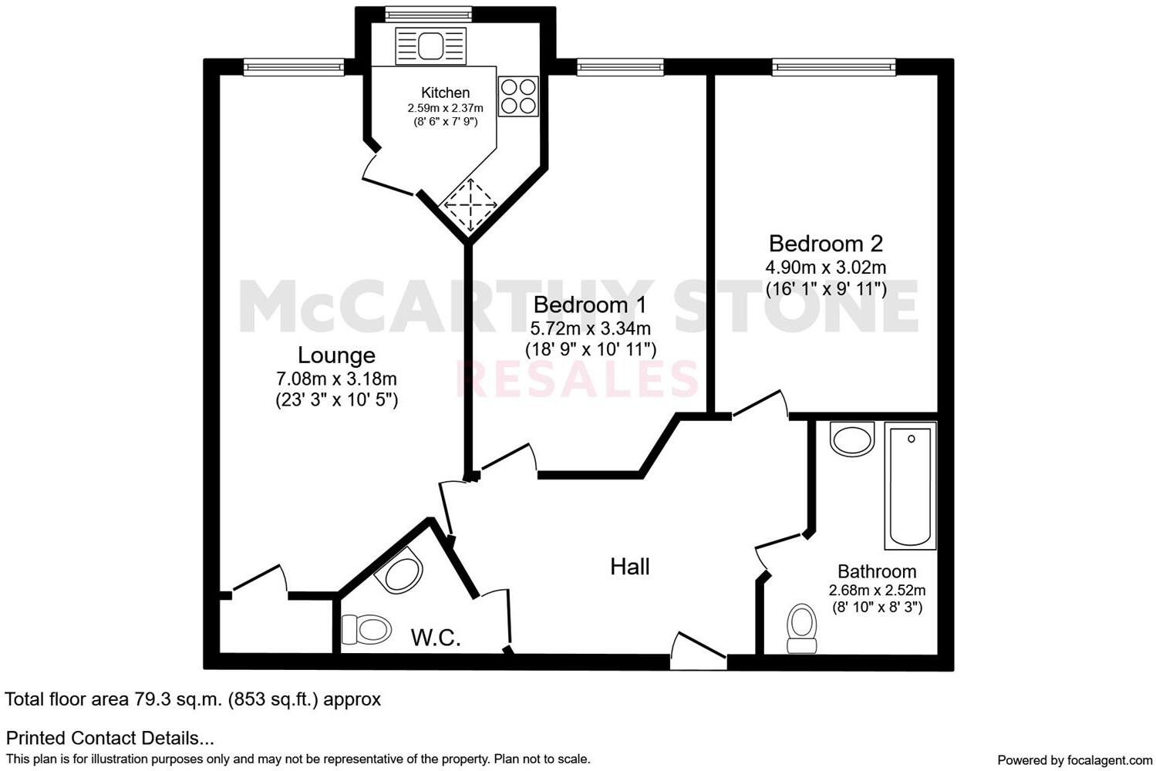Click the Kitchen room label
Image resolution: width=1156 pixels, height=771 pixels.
click(x=445, y=93)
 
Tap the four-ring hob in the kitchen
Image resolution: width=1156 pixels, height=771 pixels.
click(x=517, y=96)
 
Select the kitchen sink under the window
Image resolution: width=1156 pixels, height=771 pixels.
click(x=430, y=46)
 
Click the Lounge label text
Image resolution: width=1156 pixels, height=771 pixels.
click(x=336, y=355)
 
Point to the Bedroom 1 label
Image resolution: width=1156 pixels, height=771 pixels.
click(x=590, y=305)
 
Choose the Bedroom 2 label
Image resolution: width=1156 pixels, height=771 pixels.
click(x=825, y=244)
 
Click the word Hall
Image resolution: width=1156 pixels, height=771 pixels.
click(x=630, y=567)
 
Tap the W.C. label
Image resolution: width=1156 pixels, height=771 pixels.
click(x=436, y=638)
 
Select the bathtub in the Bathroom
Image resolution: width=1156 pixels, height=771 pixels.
click(x=911, y=485)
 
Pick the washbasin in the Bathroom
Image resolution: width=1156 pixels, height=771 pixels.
click(x=851, y=439)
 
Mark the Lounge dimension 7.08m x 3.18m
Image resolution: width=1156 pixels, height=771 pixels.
click(x=336, y=379)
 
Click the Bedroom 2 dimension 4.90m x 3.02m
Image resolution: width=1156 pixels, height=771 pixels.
click(x=825, y=268)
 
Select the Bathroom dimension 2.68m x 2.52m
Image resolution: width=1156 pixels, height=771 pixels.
click(x=877, y=591)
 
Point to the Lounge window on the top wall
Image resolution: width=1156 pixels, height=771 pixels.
click(x=293, y=68)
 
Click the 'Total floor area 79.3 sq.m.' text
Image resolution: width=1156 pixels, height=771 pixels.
click(x=193, y=699)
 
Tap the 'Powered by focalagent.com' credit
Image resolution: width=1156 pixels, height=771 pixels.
click(x=1075, y=760)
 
